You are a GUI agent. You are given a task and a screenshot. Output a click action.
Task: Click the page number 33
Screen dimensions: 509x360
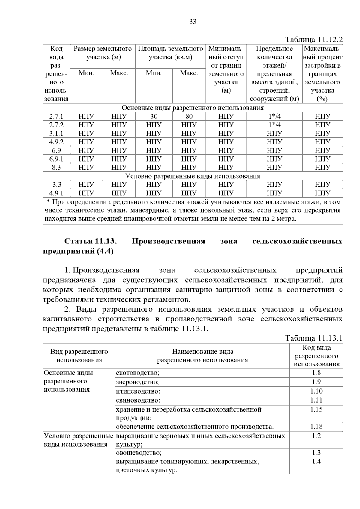coord(193,22)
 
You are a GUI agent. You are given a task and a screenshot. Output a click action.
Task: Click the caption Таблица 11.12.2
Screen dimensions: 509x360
coord(314,40)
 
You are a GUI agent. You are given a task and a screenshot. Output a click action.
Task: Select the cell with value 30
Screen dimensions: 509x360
coord(154,116)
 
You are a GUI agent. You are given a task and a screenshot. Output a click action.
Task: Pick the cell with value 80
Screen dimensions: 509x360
coord(189,116)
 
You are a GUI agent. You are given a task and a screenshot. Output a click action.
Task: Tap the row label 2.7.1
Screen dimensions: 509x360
coord(56,116)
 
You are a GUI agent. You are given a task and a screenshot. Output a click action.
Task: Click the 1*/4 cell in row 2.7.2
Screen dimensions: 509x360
coord(274,125)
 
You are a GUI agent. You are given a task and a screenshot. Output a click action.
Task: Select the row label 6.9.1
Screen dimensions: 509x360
coord(56,159)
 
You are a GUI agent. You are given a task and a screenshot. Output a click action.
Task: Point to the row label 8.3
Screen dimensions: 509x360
coord(56,167)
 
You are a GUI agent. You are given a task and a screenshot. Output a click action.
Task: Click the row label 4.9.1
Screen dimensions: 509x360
coord(56,193)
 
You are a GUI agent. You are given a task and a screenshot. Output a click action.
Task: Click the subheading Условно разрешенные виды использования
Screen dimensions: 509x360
coord(193,176)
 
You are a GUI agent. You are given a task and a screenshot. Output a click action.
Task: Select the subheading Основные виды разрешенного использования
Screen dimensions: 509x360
coord(193,108)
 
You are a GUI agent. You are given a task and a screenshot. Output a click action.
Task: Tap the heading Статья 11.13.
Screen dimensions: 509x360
coord(90,241)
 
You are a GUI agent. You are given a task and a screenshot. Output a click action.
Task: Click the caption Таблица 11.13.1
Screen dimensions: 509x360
coord(314,338)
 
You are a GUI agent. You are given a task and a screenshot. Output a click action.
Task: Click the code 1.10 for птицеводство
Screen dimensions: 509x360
coord(316,391)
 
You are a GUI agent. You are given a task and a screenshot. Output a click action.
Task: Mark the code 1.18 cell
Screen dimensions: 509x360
coord(316,427)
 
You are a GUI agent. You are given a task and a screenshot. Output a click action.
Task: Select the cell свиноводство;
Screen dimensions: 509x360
coord(138,400)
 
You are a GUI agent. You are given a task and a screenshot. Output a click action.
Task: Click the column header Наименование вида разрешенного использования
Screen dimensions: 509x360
coord(202,356)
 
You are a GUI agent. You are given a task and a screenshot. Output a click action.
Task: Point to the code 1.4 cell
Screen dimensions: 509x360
coord(316,461)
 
